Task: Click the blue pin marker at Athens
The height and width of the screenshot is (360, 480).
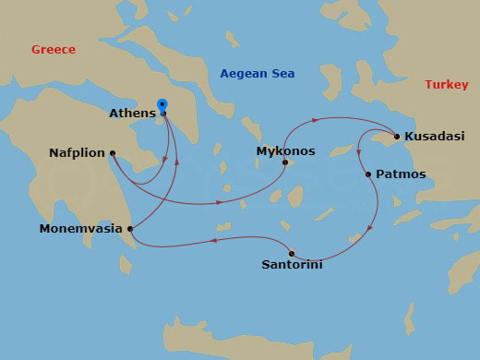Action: (x=162, y=106)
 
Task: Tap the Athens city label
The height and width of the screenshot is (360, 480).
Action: (x=132, y=114)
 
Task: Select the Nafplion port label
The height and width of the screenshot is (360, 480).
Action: (x=77, y=153)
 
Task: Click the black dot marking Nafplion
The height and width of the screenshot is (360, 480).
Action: (x=112, y=153)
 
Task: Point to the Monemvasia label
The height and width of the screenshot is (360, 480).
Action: (x=81, y=228)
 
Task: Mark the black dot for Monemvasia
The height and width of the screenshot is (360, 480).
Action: (x=130, y=228)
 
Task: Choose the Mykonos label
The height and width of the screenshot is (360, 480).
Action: (x=285, y=150)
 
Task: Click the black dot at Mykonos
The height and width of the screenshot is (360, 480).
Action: (x=284, y=163)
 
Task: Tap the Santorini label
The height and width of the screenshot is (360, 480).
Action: (x=293, y=265)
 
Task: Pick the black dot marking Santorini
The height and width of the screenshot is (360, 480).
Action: (x=292, y=253)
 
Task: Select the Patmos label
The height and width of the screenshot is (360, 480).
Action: (x=401, y=174)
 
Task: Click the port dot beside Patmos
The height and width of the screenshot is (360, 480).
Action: (x=368, y=174)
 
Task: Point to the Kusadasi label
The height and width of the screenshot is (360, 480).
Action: (x=434, y=137)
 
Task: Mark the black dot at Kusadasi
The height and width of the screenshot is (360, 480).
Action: (x=397, y=137)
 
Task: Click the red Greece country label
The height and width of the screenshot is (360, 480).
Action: (x=53, y=49)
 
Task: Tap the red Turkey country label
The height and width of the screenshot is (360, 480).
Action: (x=447, y=84)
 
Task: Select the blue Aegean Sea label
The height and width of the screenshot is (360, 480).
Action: (x=257, y=73)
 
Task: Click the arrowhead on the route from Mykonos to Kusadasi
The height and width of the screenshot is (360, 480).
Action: (x=317, y=120)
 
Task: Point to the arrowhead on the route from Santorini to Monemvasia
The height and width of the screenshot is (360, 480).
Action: (x=214, y=241)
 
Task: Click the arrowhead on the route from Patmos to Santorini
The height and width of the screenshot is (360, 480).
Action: (x=371, y=227)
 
